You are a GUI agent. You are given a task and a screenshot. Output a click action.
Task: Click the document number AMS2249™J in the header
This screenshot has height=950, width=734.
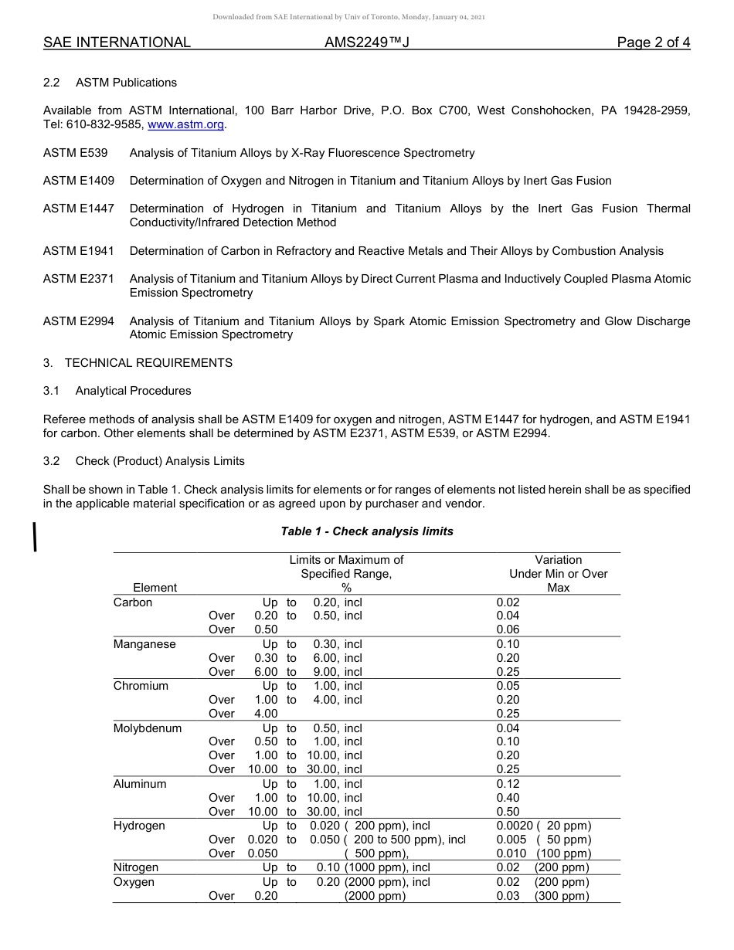click(366, 43)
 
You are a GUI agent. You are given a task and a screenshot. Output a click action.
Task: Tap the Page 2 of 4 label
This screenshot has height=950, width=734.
click(653, 43)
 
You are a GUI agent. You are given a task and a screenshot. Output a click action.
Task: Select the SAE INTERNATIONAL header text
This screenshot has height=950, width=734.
click(117, 43)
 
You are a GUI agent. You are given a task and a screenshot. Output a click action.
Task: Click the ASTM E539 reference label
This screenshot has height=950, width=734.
click(75, 153)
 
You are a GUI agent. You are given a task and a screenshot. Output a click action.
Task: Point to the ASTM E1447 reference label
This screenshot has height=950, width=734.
click(78, 209)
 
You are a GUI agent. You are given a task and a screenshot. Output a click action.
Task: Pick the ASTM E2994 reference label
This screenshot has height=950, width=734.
click(78, 321)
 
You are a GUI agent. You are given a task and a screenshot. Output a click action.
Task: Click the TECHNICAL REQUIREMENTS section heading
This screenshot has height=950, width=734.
click(148, 363)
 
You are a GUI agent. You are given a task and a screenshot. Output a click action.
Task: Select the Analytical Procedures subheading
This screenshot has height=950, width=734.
click(133, 391)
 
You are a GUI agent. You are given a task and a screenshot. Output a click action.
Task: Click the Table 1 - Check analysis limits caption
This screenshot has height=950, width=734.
click(367, 531)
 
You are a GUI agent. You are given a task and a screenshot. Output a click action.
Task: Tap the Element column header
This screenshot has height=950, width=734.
click(155, 588)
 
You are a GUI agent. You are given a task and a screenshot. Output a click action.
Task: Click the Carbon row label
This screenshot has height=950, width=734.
click(133, 602)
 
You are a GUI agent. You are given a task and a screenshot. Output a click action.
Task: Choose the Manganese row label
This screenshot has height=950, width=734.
click(144, 644)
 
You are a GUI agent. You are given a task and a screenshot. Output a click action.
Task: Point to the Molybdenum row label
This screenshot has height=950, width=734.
click(148, 728)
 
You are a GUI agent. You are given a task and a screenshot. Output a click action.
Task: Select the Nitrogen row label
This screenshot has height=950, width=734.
click(136, 867)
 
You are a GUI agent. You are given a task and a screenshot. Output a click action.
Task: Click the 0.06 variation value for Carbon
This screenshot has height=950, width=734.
click(508, 629)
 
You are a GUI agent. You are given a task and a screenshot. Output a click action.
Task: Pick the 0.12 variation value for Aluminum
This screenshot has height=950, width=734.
click(508, 784)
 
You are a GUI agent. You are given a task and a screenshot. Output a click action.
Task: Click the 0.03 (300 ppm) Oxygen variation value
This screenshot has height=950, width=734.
click(542, 896)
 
